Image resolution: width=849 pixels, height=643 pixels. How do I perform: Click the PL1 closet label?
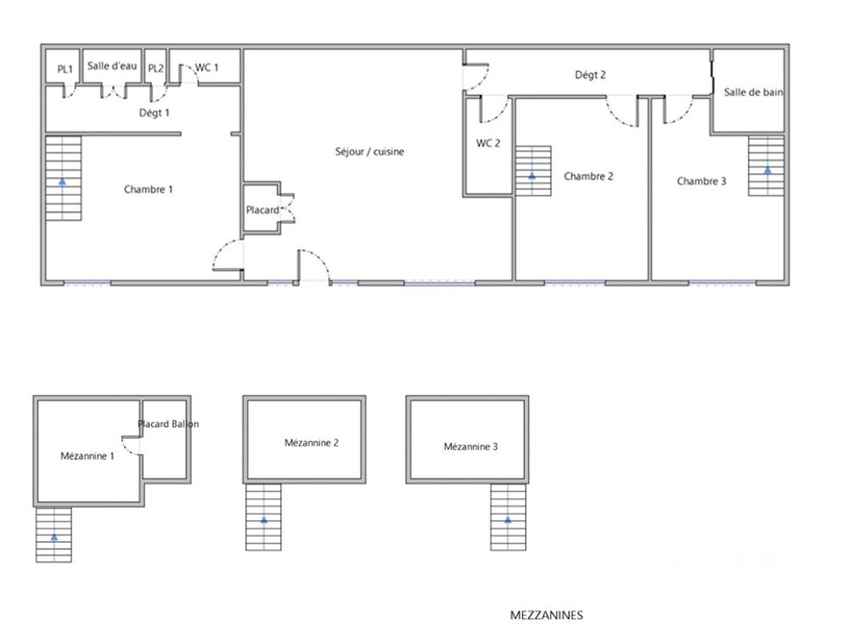point(65,69)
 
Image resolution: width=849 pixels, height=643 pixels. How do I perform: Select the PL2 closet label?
point(155,69)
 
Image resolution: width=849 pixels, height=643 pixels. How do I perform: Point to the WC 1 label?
point(206,67)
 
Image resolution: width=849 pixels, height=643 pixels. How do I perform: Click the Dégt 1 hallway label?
point(155,112)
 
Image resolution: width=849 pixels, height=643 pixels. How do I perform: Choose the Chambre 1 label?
point(149,189)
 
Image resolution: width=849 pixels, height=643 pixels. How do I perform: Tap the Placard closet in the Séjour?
point(262,210)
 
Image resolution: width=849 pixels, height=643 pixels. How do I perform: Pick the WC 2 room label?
point(488,143)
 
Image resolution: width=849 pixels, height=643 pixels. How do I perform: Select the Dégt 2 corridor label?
point(590,75)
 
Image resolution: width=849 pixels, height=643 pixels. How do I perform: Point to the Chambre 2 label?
point(588,176)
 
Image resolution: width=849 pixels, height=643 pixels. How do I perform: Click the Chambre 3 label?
point(701,181)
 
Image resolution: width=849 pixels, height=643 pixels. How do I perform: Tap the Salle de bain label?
point(753,92)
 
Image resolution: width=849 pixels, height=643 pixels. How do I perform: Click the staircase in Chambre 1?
point(63,178)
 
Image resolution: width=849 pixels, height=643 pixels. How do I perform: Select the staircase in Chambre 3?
point(767,165)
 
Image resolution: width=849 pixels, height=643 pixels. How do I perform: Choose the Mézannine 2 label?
point(312,442)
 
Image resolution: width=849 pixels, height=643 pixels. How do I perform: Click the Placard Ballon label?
point(168,424)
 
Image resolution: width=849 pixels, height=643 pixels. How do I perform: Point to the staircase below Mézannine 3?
point(508,517)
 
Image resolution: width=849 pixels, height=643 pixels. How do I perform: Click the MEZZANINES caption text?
point(547,616)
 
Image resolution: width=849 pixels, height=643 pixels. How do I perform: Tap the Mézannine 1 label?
point(87,456)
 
